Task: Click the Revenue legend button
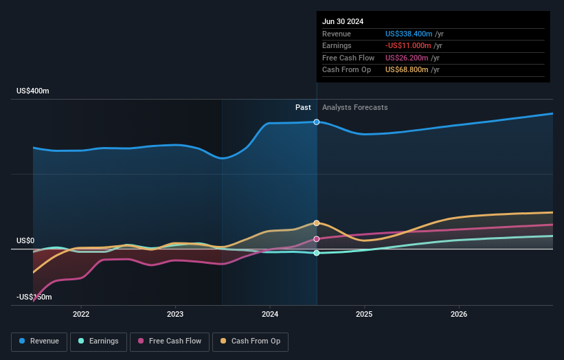click(39, 341)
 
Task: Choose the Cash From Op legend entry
click(250, 341)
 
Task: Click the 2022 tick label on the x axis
click(81, 314)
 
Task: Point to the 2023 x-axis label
click(175, 314)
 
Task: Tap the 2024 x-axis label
click(270, 314)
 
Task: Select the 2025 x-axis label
click(364, 314)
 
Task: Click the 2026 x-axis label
click(459, 314)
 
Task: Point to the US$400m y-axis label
click(33, 91)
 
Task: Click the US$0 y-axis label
click(25, 240)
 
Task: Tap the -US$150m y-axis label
click(34, 297)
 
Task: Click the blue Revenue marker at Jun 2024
click(317, 122)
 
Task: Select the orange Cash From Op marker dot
click(317, 223)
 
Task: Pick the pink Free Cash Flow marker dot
click(317, 239)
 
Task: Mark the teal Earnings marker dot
click(317, 253)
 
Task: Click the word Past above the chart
click(303, 107)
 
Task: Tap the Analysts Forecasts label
click(354, 107)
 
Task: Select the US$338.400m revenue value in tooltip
click(409, 34)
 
